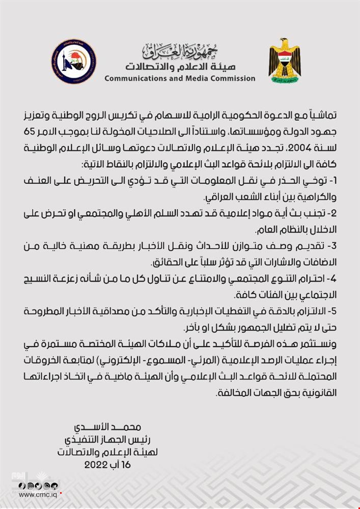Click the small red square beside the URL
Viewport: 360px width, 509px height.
point(61,493)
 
